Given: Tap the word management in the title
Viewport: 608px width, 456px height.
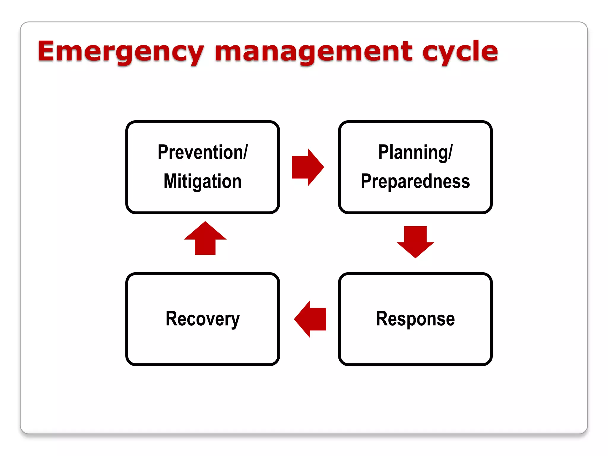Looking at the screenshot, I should [313, 52].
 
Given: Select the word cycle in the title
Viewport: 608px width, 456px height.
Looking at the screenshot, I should [460, 52].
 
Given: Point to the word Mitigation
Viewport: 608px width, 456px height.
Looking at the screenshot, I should [202, 181].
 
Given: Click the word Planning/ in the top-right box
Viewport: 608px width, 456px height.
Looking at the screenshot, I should [415, 152].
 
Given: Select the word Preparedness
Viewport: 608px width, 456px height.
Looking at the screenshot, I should [415, 181].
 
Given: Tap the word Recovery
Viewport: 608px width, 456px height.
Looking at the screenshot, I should [202, 319].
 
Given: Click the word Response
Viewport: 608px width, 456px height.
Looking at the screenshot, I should [415, 319].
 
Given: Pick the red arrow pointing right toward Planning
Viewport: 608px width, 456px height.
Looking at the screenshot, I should [307, 167].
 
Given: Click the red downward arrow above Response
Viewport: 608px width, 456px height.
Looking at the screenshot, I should [415, 241].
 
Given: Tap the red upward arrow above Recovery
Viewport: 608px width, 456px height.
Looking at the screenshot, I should [205, 238].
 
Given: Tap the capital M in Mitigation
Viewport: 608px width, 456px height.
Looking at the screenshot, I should [170, 181].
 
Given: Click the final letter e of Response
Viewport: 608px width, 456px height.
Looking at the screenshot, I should [450, 320].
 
